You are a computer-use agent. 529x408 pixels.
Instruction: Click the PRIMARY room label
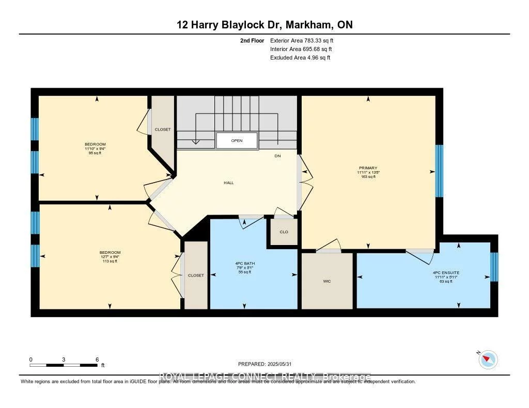coord(368,168)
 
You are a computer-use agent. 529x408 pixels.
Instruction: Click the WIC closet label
coord(326,281)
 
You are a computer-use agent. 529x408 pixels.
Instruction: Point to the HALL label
coord(229,183)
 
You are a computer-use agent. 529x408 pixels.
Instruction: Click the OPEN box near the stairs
coord(237,141)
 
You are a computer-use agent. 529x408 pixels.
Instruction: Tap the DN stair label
coord(277,156)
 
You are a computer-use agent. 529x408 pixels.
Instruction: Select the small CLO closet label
coord(284,232)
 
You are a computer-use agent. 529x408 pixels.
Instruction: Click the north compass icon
coord(488,359)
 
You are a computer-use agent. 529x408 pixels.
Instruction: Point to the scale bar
coord(64,365)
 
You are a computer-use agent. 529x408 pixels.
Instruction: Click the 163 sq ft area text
coord(368,177)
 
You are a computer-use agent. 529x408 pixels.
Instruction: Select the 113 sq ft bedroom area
coord(110,262)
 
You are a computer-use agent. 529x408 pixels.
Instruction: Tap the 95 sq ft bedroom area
coord(95,153)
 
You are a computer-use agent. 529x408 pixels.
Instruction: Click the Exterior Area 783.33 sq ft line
coord(305,40)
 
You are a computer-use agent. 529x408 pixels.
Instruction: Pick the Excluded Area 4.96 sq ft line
coord(300,58)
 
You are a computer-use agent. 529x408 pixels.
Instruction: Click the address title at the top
coord(264,25)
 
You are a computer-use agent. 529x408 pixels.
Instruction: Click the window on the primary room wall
coord(439,171)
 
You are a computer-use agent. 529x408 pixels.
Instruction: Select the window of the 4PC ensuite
coord(493,267)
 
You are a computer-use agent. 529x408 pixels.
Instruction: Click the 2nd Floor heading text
coord(252,40)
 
